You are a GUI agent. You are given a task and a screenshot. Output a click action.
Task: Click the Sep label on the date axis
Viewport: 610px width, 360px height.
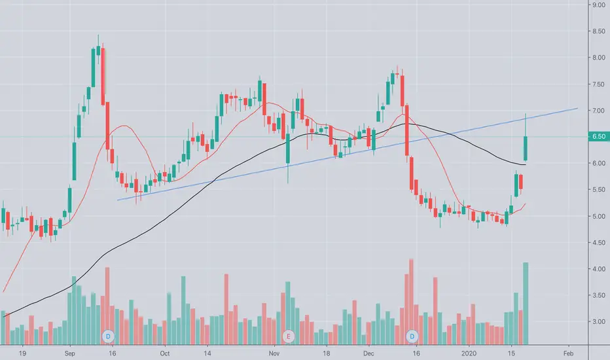[72, 351]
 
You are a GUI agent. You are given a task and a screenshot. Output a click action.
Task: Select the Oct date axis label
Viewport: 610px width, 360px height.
[165, 351]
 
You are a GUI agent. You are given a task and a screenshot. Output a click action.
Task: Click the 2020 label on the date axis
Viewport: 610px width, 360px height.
[469, 351]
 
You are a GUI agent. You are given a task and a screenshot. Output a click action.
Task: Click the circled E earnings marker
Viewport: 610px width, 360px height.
[289, 336]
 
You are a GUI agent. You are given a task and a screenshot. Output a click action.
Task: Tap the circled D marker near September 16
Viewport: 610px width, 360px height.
[109, 336]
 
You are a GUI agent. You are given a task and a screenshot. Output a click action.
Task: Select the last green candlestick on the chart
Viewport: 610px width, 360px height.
[526, 147]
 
